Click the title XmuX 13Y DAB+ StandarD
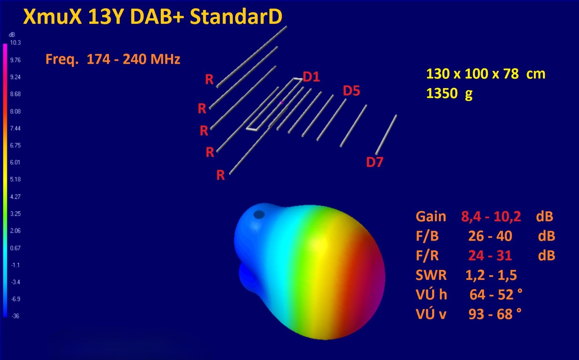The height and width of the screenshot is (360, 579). [x=153, y=17]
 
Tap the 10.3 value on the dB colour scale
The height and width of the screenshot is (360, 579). [x=15, y=43]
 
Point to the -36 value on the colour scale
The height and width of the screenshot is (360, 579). [x=15, y=316]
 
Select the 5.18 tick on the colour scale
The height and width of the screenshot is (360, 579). [x=15, y=180]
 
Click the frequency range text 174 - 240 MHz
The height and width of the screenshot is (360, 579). [x=134, y=59]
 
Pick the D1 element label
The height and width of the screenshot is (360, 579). [x=311, y=77]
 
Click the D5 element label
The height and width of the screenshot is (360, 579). [x=351, y=91]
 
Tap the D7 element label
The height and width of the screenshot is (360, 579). [x=375, y=162]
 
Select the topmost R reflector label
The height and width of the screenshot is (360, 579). [x=209, y=79]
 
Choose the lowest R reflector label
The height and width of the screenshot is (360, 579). [x=221, y=175]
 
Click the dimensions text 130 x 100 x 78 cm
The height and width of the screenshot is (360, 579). [x=486, y=74]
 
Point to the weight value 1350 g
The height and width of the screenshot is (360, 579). [x=449, y=94]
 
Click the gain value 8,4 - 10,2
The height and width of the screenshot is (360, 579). [x=491, y=216]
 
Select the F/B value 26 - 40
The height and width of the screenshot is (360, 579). [x=490, y=236]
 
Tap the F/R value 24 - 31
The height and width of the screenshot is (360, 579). [x=490, y=256]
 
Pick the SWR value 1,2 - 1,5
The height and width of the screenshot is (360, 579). [x=491, y=275]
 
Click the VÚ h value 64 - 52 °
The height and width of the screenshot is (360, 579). [x=496, y=295]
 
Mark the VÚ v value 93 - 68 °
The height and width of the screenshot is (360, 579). [x=495, y=314]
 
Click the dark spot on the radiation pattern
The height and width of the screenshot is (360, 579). [x=259, y=215]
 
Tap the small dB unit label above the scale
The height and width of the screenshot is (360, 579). [x=12, y=35]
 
